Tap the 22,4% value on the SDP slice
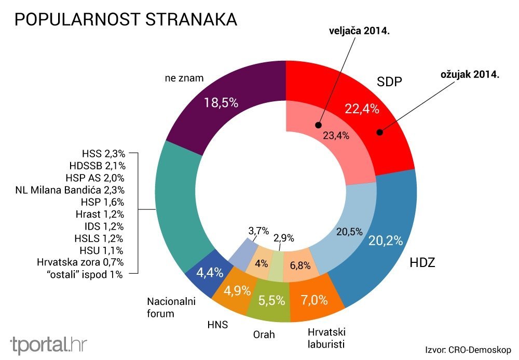click(x=362, y=109)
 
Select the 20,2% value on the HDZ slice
click(x=386, y=241)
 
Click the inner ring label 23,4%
click(x=336, y=136)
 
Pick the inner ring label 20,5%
click(x=349, y=232)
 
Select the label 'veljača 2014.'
click(x=359, y=31)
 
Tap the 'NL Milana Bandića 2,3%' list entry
click(x=70, y=190)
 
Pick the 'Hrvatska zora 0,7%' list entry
click(x=80, y=262)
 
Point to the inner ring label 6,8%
click(x=299, y=265)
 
